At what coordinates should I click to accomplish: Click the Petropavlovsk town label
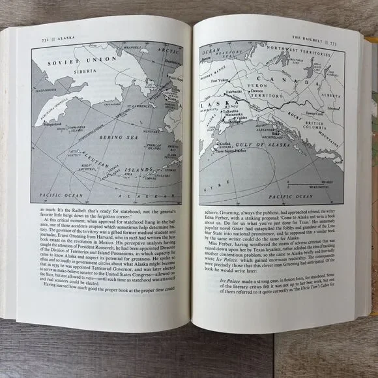click(44, 123)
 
